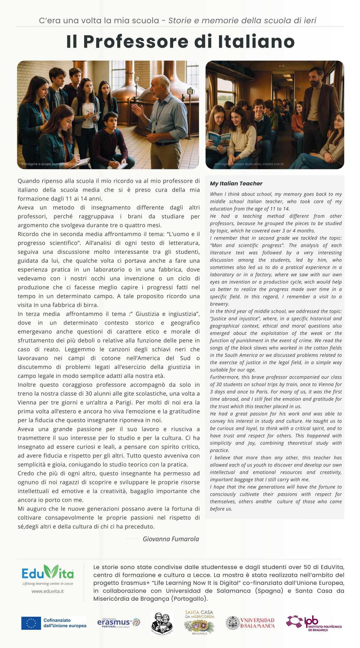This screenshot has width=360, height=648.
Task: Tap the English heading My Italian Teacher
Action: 236,184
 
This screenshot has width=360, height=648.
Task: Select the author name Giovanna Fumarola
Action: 171,539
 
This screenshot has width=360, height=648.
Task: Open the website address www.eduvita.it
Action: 48,591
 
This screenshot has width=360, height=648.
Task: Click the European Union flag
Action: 31,623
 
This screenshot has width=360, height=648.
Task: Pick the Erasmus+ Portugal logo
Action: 118,623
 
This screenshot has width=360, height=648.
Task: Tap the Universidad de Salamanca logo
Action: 251,623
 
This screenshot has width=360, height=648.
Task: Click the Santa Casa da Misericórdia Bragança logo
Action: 199,623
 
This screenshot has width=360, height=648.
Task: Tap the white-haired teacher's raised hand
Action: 137,110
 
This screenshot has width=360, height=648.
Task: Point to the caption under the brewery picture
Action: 56,164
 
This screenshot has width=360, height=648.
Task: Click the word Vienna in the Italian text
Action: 28,402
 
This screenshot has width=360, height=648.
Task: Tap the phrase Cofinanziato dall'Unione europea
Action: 65,623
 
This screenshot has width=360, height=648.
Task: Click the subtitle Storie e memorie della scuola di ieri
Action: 242,21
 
